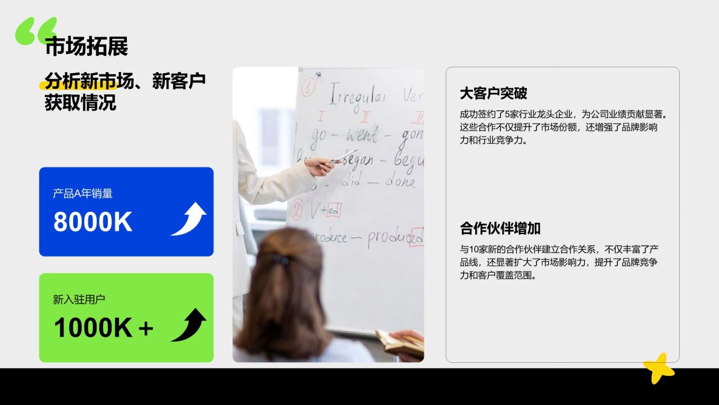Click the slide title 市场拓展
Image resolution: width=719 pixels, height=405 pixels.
click(x=87, y=47)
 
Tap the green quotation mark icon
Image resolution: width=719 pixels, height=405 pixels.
click(x=37, y=30)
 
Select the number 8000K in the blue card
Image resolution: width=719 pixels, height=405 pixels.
click(x=93, y=222)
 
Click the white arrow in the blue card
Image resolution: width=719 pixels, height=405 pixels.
click(x=189, y=219)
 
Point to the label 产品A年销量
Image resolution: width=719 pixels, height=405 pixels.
click(x=83, y=193)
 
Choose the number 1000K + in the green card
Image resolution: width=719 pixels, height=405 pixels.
click(x=103, y=328)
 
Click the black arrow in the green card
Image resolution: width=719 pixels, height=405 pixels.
click(x=189, y=325)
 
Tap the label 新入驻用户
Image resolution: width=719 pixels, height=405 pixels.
click(x=79, y=300)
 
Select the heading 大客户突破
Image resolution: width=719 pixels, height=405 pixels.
click(x=493, y=93)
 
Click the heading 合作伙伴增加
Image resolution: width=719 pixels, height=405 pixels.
click(x=500, y=228)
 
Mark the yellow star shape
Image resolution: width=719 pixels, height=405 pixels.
click(x=659, y=368)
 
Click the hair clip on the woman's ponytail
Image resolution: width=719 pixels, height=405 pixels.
click(x=281, y=260)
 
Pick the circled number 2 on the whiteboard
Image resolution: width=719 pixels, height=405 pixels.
click(x=296, y=209)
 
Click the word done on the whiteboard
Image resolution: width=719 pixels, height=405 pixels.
click(x=400, y=182)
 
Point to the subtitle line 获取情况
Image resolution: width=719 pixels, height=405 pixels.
click(x=80, y=103)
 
